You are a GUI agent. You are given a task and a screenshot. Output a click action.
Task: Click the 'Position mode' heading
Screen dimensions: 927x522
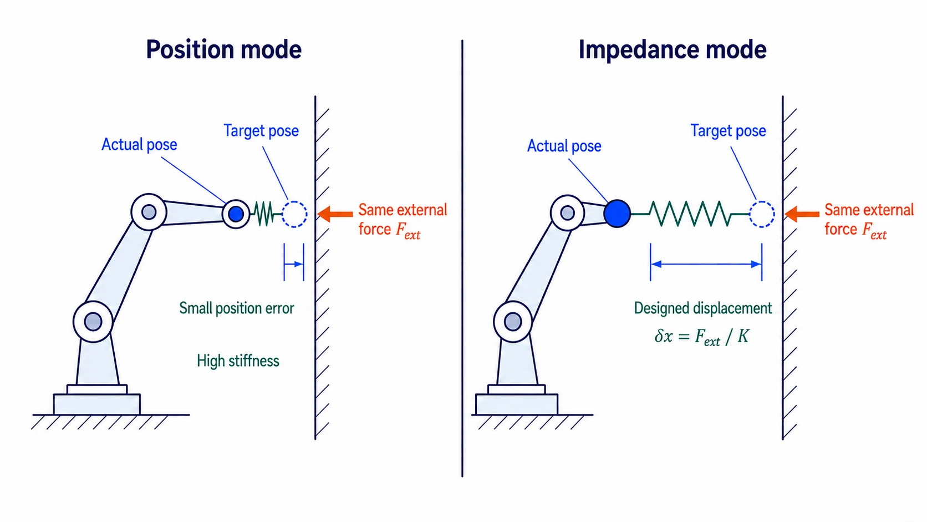(x=223, y=50)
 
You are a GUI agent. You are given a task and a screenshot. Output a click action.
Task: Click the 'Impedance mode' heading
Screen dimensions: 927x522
(x=673, y=50)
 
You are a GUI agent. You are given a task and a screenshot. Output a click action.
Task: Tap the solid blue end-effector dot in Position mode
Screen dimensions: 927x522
(x=236, y=214)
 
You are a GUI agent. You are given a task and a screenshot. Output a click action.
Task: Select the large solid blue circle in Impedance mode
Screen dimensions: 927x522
(x=617, y=214)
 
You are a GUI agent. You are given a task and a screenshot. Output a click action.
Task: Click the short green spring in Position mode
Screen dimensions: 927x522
(x=266, y=214)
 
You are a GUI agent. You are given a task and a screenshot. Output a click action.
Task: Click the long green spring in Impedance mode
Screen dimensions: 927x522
(x=690, y=214)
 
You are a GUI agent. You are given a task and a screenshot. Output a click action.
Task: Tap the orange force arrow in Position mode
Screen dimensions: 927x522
(x=335, y=214)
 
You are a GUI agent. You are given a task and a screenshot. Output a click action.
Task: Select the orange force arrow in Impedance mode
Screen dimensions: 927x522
(x=802, y=214)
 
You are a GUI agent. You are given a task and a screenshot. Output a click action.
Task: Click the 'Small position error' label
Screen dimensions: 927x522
(x=236, y=308)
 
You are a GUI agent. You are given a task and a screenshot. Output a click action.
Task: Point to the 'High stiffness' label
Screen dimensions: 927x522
(x=238, y=361)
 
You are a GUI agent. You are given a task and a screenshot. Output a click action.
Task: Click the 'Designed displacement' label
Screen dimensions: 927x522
(x=702, y=308)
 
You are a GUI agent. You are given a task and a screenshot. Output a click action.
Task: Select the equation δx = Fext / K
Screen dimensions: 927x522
(x=701, y=337)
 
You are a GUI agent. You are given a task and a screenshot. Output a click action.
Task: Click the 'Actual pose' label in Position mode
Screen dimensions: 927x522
(x=139, y=144)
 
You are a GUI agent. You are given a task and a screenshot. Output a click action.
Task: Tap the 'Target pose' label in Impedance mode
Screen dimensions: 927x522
(x=728, y=131)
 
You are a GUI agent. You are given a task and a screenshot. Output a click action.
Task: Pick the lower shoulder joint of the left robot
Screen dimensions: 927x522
(x=93, y=321)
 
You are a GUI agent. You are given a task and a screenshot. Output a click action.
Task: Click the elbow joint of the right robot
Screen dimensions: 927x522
(x=567, y=213)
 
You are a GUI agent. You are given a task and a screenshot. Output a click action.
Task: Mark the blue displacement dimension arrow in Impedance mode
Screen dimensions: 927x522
(x=706, y=264)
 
